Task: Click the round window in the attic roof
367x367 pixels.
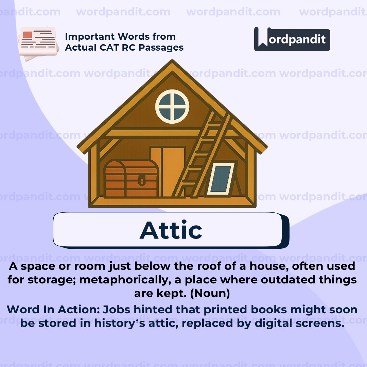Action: point(172,106)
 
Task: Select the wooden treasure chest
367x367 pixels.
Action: point(131,179)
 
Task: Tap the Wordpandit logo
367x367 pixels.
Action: point(292,39)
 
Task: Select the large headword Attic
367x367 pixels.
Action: point(171,230)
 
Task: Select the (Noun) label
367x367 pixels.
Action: point(210,293)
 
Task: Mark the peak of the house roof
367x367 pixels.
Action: point(172,62)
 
